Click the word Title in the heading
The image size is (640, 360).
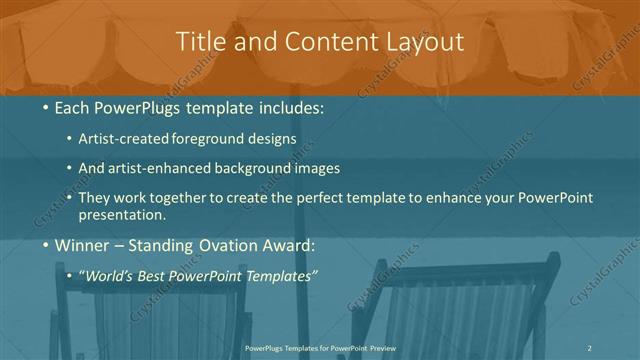(x=198, y=42)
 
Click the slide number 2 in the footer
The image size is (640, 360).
(x=590, y=347)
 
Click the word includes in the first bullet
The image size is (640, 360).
(x=291, y=107)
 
